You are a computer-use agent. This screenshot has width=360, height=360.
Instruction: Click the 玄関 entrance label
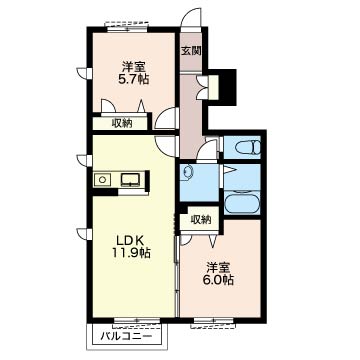(x=191, y=51)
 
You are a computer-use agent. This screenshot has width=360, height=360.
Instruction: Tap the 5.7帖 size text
(x=133, y=80)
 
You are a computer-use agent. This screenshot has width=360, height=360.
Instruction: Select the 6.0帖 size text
(x=218, y=280)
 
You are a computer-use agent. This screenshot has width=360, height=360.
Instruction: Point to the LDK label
(x=130, y=240)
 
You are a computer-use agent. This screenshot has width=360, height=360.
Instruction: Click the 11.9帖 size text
(x=131, y=253)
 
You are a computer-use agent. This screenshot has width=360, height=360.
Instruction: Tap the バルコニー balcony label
(x=126, y=336)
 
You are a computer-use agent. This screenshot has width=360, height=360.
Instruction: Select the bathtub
(x=242, y=203)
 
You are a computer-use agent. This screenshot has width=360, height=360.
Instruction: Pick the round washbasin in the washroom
(x=188, y=171)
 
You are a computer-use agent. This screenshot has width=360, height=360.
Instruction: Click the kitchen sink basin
(x=131, y=180)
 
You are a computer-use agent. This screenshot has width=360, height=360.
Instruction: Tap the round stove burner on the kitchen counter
(x=103, y=180)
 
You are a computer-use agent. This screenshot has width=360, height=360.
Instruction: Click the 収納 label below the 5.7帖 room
(x=122, y=123)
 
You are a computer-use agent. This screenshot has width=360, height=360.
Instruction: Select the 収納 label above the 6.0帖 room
(x=201, y=219)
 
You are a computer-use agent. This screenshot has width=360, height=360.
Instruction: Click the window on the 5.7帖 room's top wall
(x=126, y=27)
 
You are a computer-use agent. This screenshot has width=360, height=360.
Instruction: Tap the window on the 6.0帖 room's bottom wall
(x=213, y=322)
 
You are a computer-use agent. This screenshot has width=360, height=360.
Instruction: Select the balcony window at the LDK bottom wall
(x=137, y=320)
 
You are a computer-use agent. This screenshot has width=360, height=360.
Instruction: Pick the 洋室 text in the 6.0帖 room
(x=218, y=268)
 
